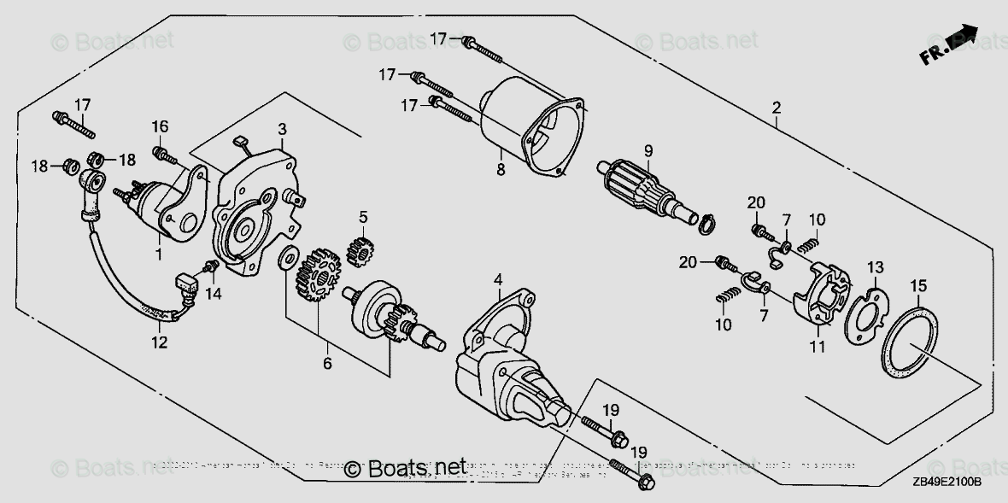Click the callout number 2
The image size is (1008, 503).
tap(776, 108)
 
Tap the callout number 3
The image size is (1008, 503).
tap(282, 129)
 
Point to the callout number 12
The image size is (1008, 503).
tap(160, 342)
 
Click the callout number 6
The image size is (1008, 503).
tap(326, 363)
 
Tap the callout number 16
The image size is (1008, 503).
tap(161, 126)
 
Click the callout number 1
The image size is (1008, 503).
tap(158, 254)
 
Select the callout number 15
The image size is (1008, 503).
tap(917, 284)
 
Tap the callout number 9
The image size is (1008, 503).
tap(648, 151)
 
